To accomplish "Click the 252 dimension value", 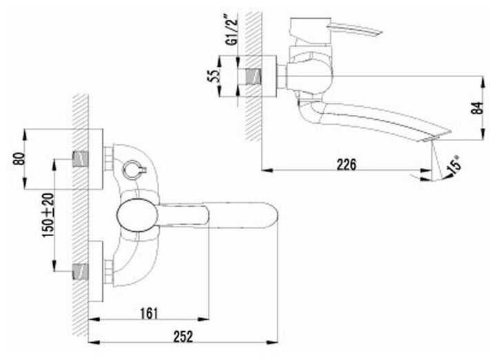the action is (183, 337).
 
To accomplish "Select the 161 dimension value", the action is (149, 314).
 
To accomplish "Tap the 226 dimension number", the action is (347, 165).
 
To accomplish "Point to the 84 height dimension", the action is (477, 108).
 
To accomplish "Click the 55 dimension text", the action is (214, 76).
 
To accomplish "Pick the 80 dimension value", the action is (19, 159).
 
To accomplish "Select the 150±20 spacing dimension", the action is (48, 215).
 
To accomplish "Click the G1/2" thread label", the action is (232, 30).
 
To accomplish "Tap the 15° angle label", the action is (455, 165).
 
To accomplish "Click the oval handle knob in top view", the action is (137, 215).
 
